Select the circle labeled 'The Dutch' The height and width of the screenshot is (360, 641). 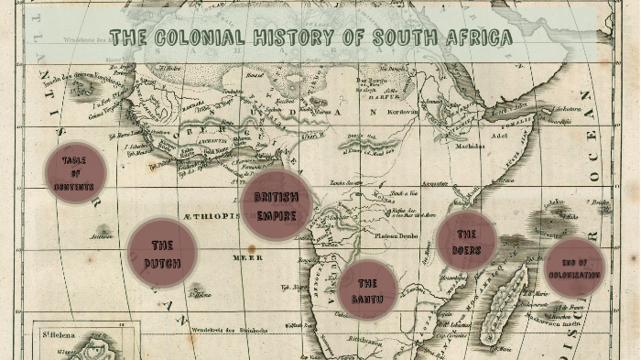(162, 252)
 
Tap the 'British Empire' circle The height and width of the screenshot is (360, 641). (277, 205)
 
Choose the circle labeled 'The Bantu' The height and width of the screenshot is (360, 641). (368, 290)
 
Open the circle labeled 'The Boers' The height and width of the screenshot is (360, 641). (467, 242)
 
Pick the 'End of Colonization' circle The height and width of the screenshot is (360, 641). (575, 267)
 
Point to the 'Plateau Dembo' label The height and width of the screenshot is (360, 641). (395, 235)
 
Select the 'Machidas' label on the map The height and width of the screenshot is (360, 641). (468, 145)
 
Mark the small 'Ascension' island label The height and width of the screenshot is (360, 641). (101, 235)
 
